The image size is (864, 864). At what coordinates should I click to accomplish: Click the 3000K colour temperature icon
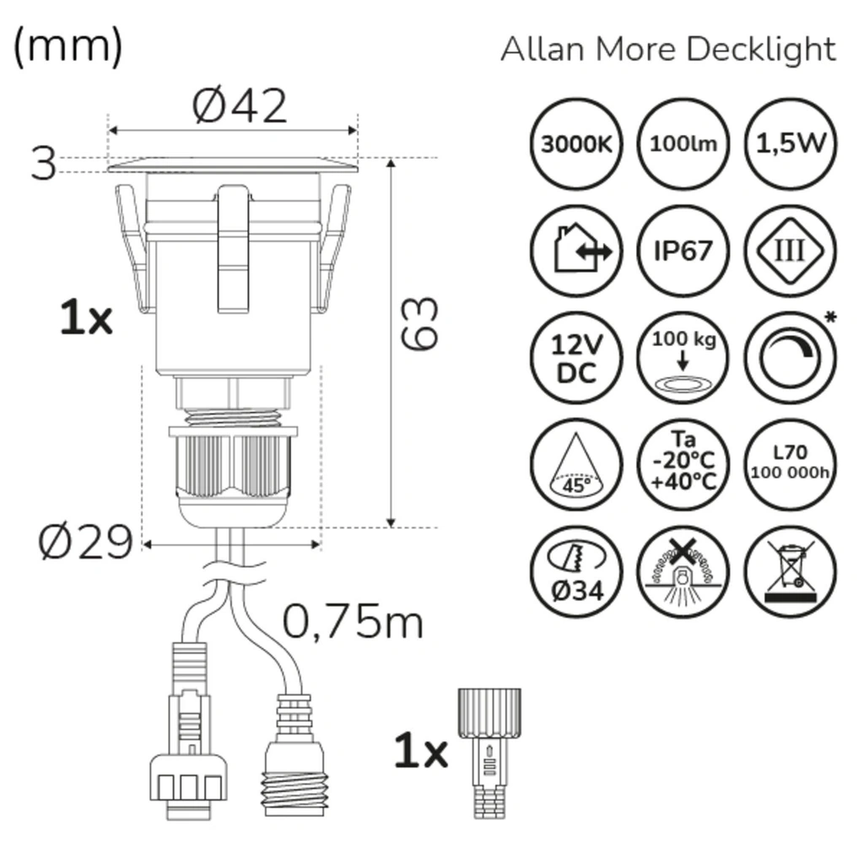point(576,144)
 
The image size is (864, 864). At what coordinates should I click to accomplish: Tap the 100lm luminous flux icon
point(683,144)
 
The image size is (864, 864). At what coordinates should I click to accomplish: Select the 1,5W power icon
point(791,144)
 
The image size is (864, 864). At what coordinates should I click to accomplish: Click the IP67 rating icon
point(683,251)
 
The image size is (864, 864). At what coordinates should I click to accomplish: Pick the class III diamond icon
point(791,251)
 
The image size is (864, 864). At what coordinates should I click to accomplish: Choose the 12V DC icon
point(576,359)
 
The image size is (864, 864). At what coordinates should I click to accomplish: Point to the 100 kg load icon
point(683,359)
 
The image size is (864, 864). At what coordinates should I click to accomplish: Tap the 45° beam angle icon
point(576,465)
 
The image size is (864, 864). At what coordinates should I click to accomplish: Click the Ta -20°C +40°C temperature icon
point(683,465)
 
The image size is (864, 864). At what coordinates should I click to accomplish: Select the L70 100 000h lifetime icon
point(791,465)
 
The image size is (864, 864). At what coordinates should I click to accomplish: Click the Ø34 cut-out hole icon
point(576,572)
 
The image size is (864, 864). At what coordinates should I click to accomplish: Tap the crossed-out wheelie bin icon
point(791,572)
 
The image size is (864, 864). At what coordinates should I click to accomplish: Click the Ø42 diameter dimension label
point(240,106)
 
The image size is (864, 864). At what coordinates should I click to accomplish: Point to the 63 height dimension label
point(420,323)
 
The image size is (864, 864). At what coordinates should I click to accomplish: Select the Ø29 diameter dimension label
point(85,543)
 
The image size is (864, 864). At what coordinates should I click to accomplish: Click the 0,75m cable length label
point(352,623)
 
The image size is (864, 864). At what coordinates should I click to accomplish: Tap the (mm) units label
point(67,46)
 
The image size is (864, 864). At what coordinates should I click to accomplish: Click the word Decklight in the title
point(760,49)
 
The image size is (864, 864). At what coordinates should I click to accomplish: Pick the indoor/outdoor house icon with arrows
point(576,251)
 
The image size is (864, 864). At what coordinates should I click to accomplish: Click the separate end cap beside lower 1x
point(489,751)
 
